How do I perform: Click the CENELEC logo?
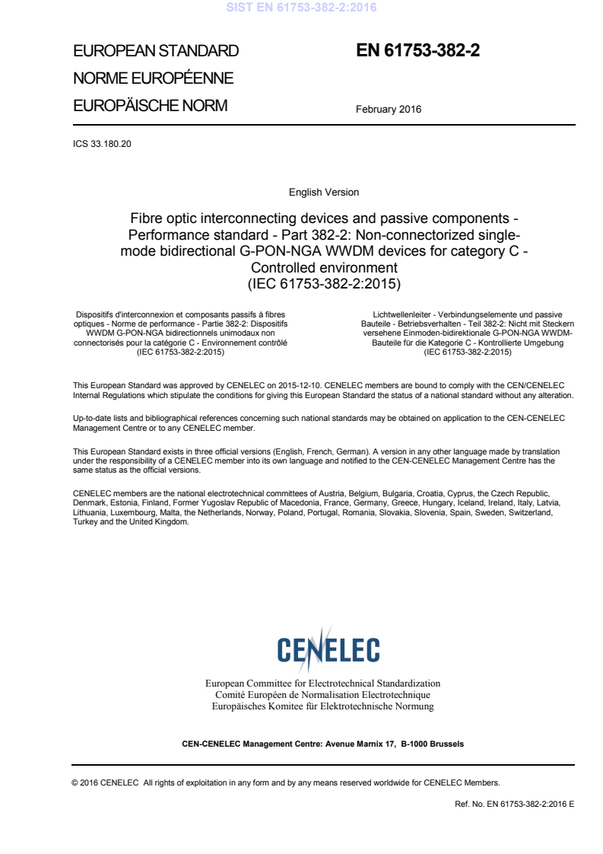[328, 649]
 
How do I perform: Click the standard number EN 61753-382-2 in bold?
[417, 52]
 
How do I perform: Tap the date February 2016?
[388, 109]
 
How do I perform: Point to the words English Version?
[324, 193]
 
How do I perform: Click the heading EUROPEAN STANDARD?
[156, 52]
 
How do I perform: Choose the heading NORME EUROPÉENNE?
[153, 78]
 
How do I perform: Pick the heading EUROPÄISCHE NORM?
[150, 106]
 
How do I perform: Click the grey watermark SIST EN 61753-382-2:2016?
[301, 8]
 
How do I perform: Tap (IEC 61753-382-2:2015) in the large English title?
[324, 284]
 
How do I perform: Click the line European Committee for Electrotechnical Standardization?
[323, 684]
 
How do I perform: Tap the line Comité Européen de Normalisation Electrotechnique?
[323, 695]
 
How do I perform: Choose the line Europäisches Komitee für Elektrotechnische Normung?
[323, 706]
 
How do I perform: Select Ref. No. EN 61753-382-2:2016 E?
[513, 803]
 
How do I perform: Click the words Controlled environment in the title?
[324, 268]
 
